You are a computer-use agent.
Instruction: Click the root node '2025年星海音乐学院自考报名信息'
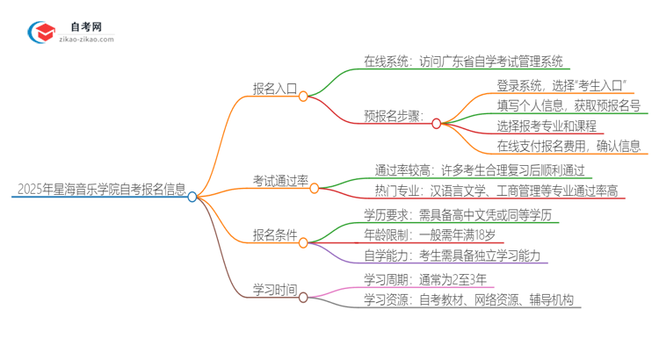pos(101,189)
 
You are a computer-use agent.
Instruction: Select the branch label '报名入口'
pos(275,89)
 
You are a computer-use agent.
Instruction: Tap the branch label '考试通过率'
pos(280,181)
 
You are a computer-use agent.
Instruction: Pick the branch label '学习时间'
pos(275,289)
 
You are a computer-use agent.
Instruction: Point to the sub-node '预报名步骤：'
pos(395,116)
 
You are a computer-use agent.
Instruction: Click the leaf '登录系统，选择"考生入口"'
pos(566,85)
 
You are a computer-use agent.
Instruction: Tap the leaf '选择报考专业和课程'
pos(547,126)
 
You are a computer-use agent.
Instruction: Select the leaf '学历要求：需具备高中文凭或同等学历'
pos(461,214)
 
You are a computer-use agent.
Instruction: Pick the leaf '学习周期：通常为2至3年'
pos(425,279)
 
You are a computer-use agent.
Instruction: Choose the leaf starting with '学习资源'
pos(469,300)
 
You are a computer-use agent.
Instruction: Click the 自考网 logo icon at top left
pos(41,32)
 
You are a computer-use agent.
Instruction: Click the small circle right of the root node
pos(192,197)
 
